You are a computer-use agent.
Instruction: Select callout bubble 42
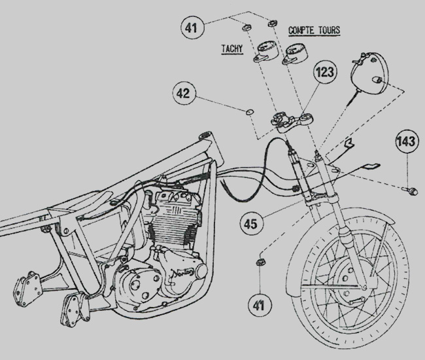tap(185, 94)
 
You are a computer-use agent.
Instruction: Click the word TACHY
tap(233, 48)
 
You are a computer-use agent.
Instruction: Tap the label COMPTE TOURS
tap(314, 30)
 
